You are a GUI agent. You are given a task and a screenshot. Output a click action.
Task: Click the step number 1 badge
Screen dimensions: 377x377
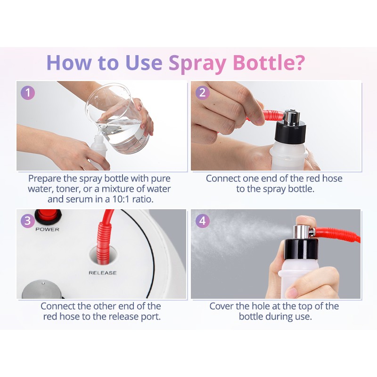(x=28, y=92)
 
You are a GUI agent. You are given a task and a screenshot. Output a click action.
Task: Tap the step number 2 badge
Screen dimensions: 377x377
(x=202, y=92)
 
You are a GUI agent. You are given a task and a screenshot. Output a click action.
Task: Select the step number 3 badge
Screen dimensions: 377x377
(x=28, y=221)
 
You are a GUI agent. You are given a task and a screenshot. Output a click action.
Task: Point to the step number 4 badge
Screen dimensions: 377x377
(x=202, y=221)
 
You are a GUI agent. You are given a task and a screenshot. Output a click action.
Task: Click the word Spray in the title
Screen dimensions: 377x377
(x=197, y=63)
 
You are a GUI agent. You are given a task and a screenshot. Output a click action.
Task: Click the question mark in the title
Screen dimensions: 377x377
(x=299, y=62)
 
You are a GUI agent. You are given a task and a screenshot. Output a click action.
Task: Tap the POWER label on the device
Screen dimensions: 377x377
(x=47, y=229)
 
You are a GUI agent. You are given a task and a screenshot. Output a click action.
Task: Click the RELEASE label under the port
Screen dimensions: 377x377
(x=102, y=273)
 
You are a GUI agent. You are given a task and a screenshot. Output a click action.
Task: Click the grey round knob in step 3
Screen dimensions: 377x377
(x=41, y=289)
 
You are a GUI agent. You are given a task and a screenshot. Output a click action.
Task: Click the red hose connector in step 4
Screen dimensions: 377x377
(x=336, y=234)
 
